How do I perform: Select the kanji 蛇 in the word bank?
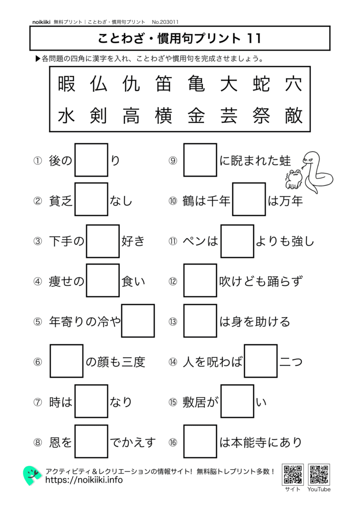[x=261, y=85]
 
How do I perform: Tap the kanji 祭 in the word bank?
[x=261, y=116]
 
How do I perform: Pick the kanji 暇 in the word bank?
[x=67, y=85]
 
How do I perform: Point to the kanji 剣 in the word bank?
[x=99, y=116]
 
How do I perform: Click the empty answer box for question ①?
[x=91, y=160]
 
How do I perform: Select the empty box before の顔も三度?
[x=67, y=361]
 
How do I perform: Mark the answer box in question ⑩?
[x=249, y=200]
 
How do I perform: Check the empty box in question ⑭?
[x=261, y=361]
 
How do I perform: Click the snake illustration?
[x=316, y=171]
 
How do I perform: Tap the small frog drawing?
[x=293, y=178]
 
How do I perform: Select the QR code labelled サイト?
[x=292, y=475]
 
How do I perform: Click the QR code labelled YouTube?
[x=319, y=475]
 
